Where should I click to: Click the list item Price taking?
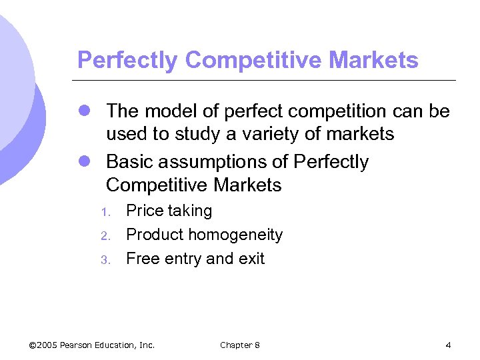(169, 211)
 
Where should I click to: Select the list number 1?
(104, 213)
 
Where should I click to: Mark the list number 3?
(104, 260)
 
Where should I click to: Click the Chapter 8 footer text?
(240, 345)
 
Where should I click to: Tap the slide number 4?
(448, 345)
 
